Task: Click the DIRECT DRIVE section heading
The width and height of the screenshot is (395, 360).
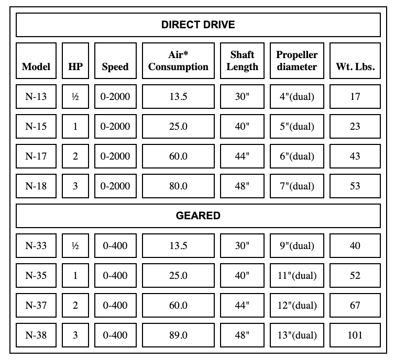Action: (x=197, y=25)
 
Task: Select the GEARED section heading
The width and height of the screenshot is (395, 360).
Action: (x=197, y=216)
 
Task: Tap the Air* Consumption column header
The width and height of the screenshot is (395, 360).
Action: (x=178, y=61)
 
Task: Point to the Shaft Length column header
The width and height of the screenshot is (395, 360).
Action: (x=242, y=61)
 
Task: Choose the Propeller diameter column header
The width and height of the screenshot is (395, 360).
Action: (x=297, y=61)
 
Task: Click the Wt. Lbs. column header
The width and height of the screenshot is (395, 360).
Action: (x=355, y=67)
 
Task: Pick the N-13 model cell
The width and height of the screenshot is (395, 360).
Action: (x=36, y=97)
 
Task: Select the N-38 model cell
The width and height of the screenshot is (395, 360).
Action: (x=36, y=335)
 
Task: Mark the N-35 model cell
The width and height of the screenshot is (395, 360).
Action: (x=36, y=276)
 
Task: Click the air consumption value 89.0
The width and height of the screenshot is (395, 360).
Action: (x=178, y=335)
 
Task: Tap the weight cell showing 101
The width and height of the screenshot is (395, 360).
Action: (x=355, y=335)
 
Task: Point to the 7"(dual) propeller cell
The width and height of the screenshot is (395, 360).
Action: (x=297, y=186)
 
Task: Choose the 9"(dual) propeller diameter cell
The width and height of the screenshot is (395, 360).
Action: (x=297, y=246)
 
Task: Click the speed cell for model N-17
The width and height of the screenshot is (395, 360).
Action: (x=115, y=156)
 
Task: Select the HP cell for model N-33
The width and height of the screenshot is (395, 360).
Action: (x=75, y=246)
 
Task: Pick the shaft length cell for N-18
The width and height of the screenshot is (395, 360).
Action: (x=242, y=186)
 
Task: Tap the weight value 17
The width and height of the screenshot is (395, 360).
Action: (x=355, y=97)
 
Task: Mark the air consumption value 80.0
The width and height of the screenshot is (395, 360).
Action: (x=178, y=186)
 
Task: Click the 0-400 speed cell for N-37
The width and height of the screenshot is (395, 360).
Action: (x=115, y=306)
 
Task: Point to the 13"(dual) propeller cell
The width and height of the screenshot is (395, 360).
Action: (x=297, y=335)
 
